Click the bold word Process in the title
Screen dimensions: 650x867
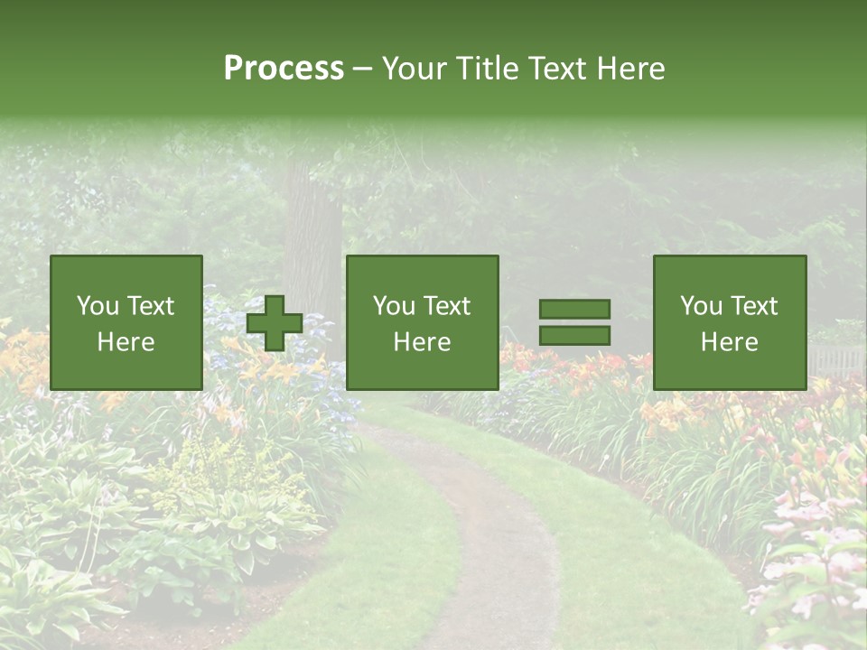pos(284,69)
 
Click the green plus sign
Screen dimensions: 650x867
pos(275,323)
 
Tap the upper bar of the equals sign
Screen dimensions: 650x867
pos(574,310)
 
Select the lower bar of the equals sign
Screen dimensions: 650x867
pos(574,336)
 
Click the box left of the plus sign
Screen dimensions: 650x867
pos(126,323)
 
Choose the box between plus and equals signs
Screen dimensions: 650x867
pos(423,323)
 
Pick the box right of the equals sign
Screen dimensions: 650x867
pos(730,323)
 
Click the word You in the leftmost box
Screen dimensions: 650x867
pos(97,306)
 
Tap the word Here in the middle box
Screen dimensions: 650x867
pos(423,342)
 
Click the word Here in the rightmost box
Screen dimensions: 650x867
pos(730,342)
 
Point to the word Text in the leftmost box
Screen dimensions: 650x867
pos(149,306)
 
